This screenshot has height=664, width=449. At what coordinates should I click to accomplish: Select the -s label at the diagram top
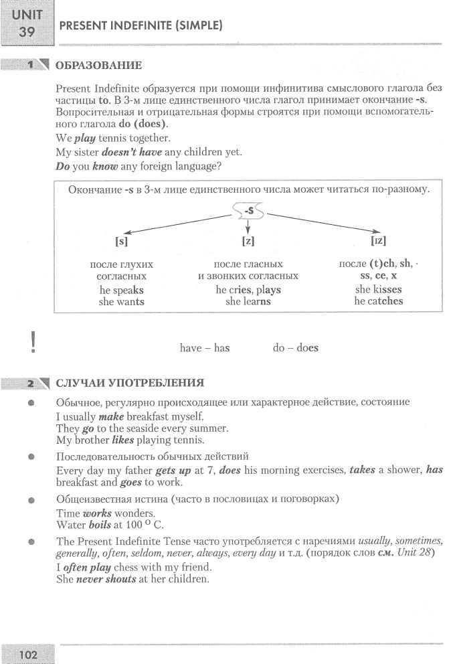point(248,211)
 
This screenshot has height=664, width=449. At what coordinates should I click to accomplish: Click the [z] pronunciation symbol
point(248,240)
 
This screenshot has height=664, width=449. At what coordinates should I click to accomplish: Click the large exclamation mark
point(31,342)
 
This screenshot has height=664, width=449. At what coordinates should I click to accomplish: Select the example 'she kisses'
point(379,290)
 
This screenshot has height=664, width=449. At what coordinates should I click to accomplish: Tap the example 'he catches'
point(379,301)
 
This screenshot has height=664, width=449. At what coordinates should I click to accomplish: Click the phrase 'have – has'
point(205,348)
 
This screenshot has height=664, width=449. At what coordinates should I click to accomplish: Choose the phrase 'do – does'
point(295,348)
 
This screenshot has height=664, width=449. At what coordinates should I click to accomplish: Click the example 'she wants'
point(121,301)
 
